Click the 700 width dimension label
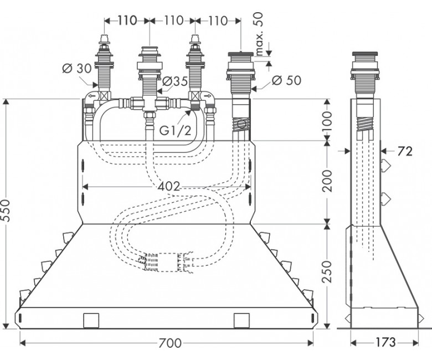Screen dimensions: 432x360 [x=170, y=343]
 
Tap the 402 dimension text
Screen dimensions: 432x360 [x=169, y=187]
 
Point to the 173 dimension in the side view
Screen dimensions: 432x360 [x=385, y=342]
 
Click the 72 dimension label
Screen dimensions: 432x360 [x=405, y=151]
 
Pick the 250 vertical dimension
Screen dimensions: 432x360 [x=327, y=271]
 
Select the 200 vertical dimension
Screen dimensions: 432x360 [x=327, y=181]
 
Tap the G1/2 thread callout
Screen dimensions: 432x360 [x=175, y=130]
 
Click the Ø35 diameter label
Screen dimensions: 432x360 [x=175, y=81]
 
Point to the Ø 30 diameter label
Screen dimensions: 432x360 [x=77, y=68]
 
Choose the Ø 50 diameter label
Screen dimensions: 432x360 [x=286, y=80]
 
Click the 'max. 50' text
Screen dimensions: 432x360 [x=259, y=34]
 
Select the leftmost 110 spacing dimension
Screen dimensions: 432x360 [x=127, y=20]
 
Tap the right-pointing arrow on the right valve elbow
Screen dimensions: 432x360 [x=208, y=97]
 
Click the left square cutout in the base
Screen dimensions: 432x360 [x=91, y=320]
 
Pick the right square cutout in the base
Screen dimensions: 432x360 [x=241, y=320]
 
